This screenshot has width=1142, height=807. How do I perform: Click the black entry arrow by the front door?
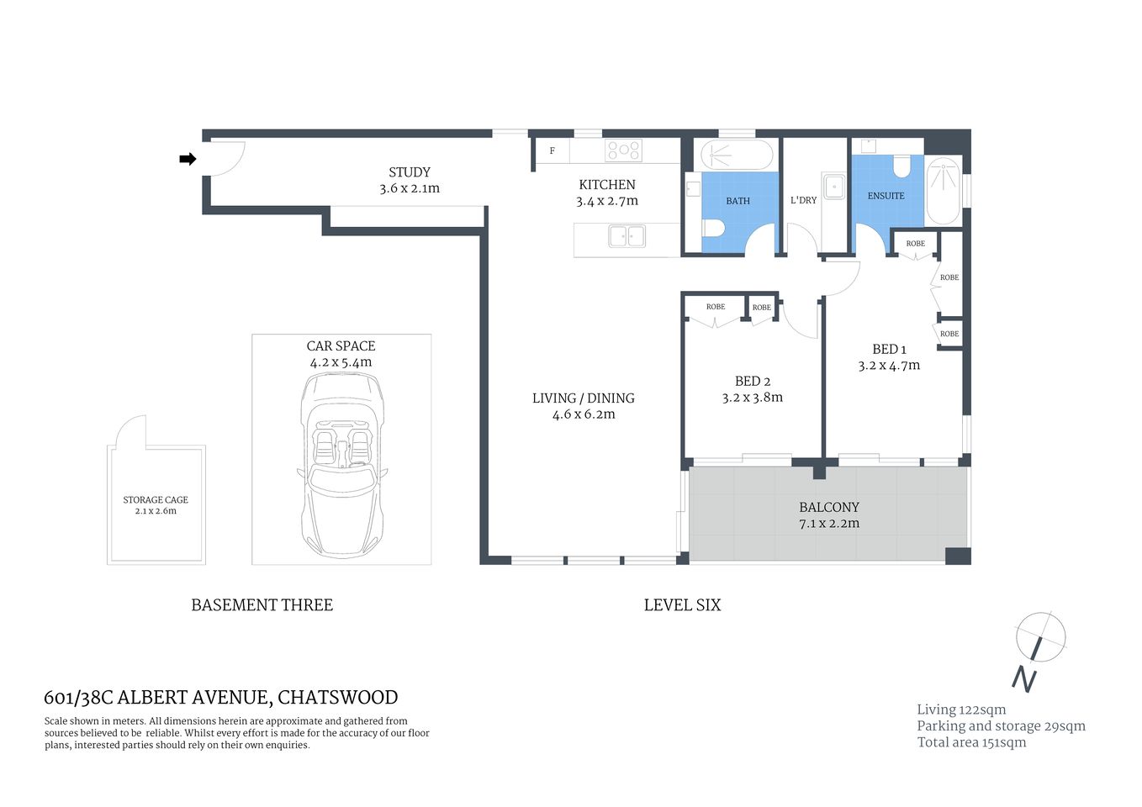point(188,159)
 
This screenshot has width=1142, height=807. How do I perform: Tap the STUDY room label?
point(410,172)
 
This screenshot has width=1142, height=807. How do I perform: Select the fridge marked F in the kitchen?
point(552,151)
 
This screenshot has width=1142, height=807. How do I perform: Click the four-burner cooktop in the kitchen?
point(624,150)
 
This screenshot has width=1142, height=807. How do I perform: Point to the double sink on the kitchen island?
point(627,236)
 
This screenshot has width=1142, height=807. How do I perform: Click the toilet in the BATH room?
point(714,228)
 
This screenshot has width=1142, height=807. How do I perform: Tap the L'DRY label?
point(803,200)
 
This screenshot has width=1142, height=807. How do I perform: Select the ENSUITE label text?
point(886,196)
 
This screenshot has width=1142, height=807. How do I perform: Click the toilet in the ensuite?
point(902,166)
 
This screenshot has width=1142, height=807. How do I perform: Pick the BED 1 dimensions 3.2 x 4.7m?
point(889,366)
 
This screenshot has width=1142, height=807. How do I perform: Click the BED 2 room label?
point(752,382)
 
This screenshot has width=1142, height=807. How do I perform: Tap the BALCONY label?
point(829,507)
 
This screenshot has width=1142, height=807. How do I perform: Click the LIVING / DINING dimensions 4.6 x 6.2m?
point(583,414)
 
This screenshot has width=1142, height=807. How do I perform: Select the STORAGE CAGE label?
point(156,499)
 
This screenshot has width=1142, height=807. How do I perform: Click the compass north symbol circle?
point(1041,636)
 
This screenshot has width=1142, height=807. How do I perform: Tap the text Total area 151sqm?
point(971,742)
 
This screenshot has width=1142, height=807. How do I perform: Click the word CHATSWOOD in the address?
point(337,698)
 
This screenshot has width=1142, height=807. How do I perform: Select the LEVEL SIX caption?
point(682,605)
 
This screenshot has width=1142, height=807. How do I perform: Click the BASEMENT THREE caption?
point(262,605)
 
